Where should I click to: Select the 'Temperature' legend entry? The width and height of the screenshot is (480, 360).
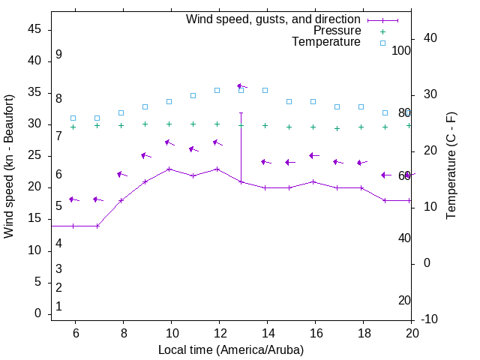[326, 42]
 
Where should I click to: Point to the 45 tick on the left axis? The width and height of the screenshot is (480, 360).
[34, 29]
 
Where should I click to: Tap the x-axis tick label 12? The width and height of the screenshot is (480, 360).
[219, 333]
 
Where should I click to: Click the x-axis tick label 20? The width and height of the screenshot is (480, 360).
[412, 333]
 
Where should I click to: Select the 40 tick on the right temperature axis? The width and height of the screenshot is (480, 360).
[430, 38]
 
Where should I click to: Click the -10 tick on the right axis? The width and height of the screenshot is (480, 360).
[430, 319]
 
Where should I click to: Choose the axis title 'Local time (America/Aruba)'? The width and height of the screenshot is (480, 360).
[231, 349]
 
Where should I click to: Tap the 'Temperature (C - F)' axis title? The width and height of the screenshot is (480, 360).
[451, 166]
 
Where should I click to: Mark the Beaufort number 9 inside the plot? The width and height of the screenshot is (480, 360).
[58, 55]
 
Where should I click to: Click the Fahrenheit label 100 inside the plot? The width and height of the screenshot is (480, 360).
[401, 50]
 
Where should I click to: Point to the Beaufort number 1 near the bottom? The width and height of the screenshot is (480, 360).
[58, 306]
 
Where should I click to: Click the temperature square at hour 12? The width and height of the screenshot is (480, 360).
[217, 90]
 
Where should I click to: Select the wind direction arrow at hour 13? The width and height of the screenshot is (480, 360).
[241, 86]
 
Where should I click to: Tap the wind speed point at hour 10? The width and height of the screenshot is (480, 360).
[169, 169]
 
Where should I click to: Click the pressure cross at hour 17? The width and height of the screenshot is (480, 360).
[337, 128]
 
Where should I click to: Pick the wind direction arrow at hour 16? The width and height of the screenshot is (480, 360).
[313, 156]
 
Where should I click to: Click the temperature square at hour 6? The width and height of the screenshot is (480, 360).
[73, 118]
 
